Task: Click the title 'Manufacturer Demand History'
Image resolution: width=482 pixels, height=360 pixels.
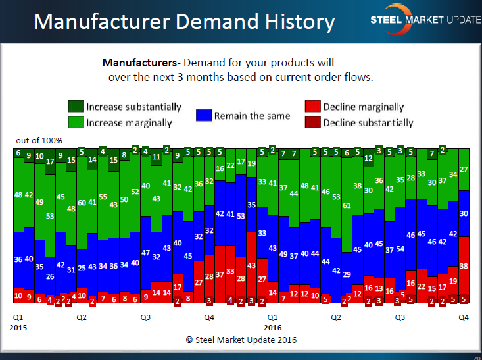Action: pyautogui.click(x=185, y=22)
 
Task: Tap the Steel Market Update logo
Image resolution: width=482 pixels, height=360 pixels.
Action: pyautogui.click(x=425, y=20)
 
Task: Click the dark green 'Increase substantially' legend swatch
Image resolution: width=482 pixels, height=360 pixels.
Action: pyautogui.click(x=76, y=107)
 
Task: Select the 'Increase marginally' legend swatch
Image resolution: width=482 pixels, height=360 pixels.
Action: pyautogui.click(x=76, y=122)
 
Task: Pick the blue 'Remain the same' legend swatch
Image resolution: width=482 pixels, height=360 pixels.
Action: pyautogui.click(x=203, y=115)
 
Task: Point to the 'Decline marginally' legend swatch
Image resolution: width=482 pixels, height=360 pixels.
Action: pyautogui.click(x=312, y=107)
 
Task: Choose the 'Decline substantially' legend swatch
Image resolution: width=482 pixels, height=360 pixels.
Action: pyautogui.click(x=312, y=122)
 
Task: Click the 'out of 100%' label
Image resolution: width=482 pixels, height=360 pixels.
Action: pyautogui.click(x=39, y=141)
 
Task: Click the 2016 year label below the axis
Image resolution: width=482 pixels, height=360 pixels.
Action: pyautogui.click(x=273, y=326)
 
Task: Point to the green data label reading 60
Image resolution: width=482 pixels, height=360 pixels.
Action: pyautogui.click(x=82, y=203)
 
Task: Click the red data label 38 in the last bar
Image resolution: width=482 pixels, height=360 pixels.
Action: pyautogui.click(x=463, y=267)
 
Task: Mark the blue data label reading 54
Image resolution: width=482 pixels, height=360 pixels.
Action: pyautogui.click(x=400, y=249)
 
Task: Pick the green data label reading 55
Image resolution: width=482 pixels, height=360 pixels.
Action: pyautogui.click(x=103, y=197)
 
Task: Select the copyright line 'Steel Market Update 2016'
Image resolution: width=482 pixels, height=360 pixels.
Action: pyautogui.click(x=241, y=340)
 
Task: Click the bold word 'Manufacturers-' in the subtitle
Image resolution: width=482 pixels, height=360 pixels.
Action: pyautogui.click(x=141, y=64)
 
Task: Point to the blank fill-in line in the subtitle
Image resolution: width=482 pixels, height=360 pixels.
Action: pyautogui.click(x=358, y=65)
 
